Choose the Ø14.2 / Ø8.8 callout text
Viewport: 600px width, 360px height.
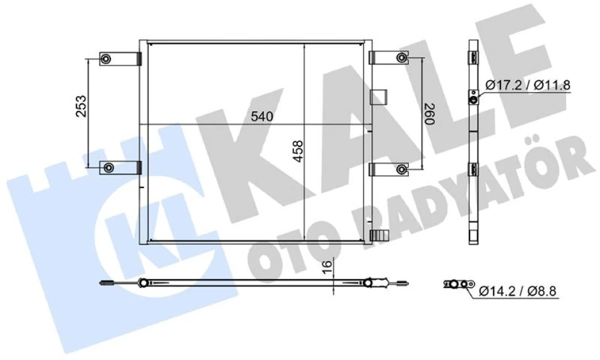(x=517, y=290)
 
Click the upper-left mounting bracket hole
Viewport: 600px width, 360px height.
(x=106, y=60)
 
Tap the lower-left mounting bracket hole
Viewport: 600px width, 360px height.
(x=108, y=168)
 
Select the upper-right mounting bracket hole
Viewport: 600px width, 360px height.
(x=401, y=58)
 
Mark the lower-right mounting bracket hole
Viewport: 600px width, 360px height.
(x=401, y=169)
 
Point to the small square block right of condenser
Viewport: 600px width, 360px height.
(x=379, y=96)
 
